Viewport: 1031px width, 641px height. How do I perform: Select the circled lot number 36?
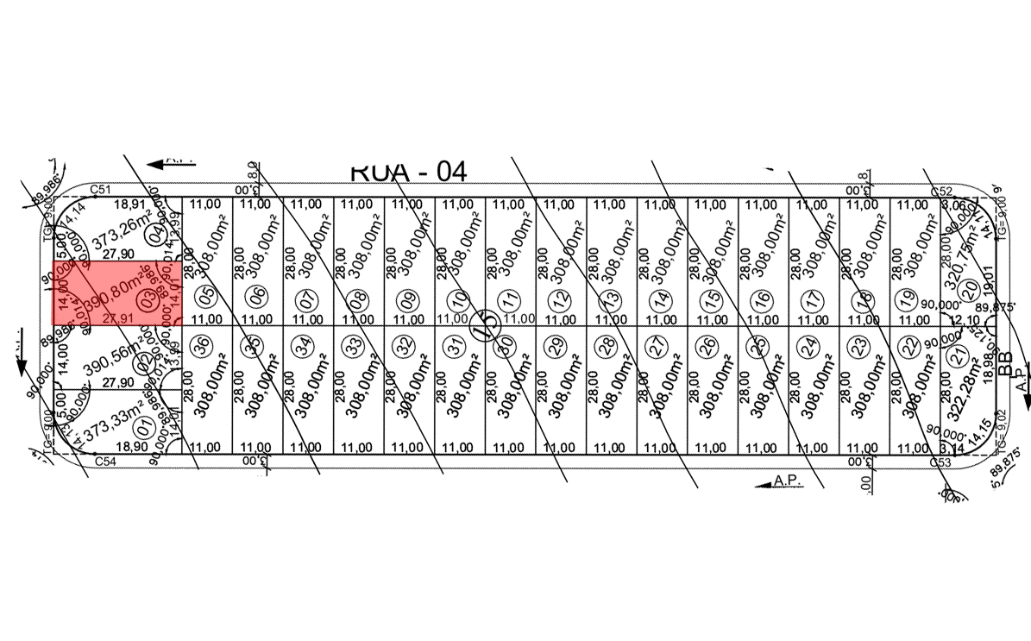click(x=204, y=345)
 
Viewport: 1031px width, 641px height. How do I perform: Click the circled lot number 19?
click(x=906, y=299)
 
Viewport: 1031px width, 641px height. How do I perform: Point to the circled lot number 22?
click(x=908, y=346)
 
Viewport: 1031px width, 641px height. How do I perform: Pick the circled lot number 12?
click(x=563, y=300)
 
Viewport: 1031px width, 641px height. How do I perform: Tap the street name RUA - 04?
click(x=408, y=171)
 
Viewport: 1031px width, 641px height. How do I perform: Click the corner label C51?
click(x=104, y=190)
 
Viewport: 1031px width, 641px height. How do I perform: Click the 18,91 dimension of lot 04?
click(x=133, y=205)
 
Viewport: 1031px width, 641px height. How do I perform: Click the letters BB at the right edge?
click(x=1003, y=366)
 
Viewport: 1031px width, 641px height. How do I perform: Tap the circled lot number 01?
click(x=145, y=424)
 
